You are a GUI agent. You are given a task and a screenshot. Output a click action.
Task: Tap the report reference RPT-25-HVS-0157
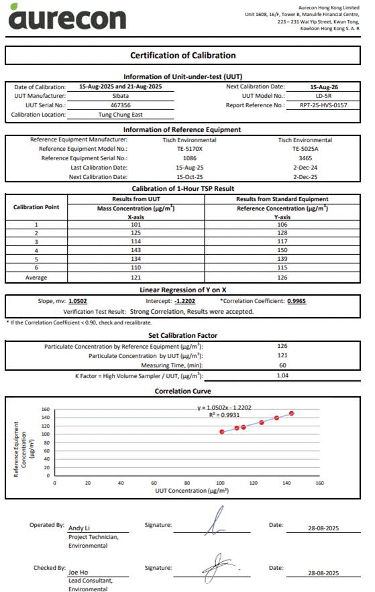pos(324,105)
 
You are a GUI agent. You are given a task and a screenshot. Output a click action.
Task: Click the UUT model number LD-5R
pos(324,96)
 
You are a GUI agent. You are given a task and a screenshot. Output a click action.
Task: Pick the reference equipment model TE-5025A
pos(305,149)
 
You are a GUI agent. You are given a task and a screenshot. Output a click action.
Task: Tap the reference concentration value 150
pos(282,249)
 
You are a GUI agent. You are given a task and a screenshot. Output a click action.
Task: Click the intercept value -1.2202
pos(184,301)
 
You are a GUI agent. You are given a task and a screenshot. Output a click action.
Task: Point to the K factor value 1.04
pos(282,376)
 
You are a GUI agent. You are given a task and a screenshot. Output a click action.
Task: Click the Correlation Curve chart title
pos(183,391)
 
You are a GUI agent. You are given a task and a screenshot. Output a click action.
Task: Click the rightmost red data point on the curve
pos(292,414)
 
